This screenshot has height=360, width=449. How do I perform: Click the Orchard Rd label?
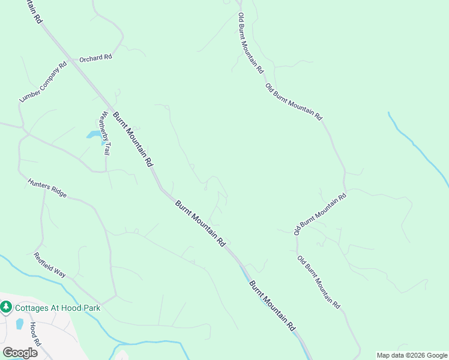(x=96, y=58)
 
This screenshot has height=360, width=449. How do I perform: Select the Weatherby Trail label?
(x=106, y=133)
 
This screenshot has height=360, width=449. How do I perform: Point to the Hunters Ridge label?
(x=47, y=188)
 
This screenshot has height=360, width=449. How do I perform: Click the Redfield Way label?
(x=50, y=264)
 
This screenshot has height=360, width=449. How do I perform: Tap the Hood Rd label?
(x=34, y=334)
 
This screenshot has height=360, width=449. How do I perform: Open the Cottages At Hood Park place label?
(x=58, y=308)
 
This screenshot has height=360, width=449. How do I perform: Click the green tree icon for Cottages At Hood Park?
(x=7, y=307)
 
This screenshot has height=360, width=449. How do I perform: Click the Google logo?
(x=20, y=352)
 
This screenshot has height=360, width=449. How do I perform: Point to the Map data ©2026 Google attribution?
(x=412, y=355)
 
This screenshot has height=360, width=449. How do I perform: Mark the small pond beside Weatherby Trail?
(x=94, y=134)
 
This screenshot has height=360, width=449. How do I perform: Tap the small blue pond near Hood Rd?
(x=20, y=325)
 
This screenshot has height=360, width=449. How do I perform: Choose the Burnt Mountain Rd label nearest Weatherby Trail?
(x=133, y=139)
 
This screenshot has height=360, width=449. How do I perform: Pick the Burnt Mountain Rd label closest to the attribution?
(x=273, y=306)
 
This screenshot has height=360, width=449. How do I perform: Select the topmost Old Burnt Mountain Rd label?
(x=250, y=43)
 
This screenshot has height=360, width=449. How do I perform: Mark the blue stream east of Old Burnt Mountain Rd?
(x=420, y=147)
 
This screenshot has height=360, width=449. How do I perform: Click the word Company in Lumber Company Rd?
(x=44, y=81)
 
